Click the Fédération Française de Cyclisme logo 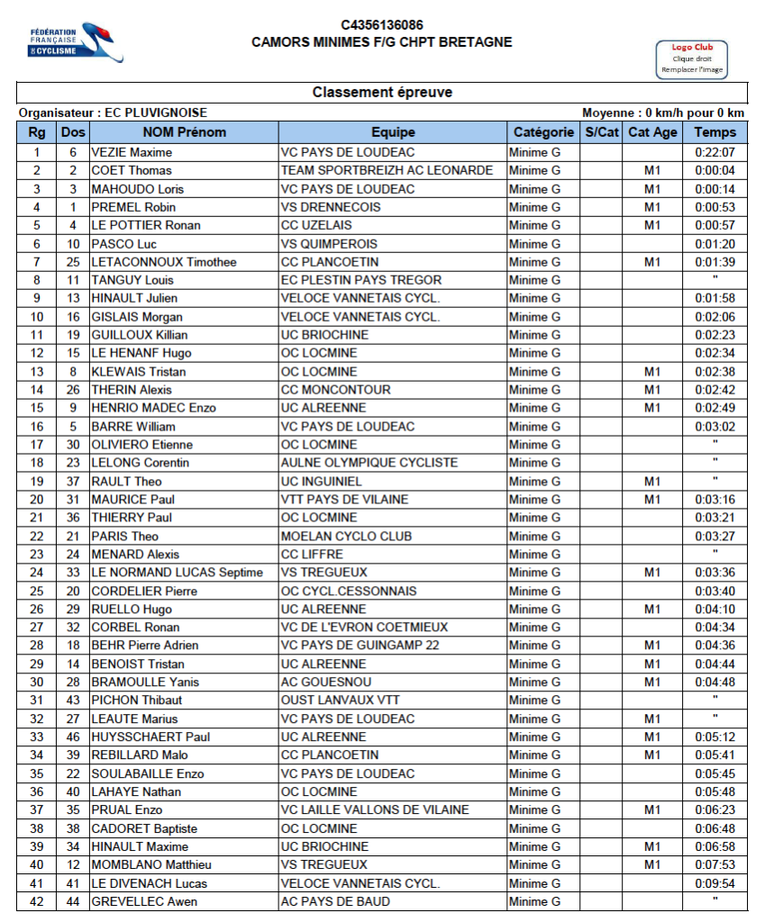click(75, 42)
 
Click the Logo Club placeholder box click(691, 59)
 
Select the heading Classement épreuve click(382, 93)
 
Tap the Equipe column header click(392, 132)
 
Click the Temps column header click(715, 132)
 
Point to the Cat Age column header click(652, 132)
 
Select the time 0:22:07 click(715, 152)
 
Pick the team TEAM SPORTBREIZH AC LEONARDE click(387, 170)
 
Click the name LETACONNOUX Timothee click(164, 262)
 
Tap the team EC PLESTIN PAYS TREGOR click(358, 280)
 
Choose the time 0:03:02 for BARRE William click(715, 426)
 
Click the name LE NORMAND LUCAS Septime click(177, 573)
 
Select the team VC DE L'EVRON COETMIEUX click(363, 627)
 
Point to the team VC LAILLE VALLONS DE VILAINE click(375, 809)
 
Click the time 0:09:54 click(715, 883)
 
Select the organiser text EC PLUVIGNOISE click(156, 113)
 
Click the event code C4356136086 click(382, 25)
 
